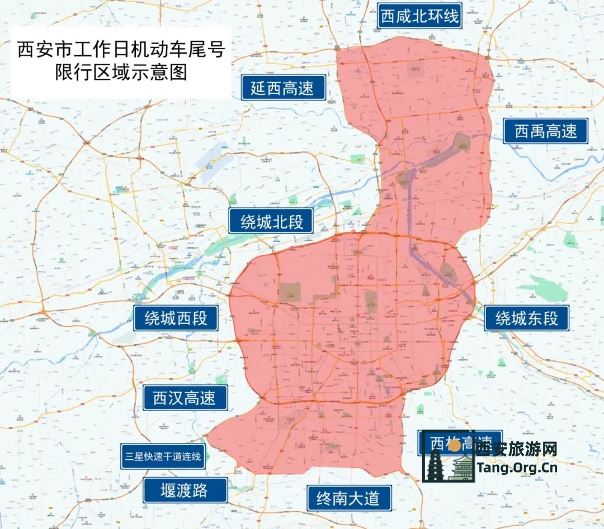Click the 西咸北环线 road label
[x=419, y=16]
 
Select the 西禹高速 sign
[x=545, y=131]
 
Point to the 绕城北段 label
[x=272, y=222]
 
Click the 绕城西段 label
[x=176, y=318]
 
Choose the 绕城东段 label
[x=527, y=318]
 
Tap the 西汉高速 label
[x=184, y=398]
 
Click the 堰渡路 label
[x=185, y=490]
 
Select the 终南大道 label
[x=348, y=497]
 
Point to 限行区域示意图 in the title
[x=120, y=73]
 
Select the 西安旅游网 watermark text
[x=516, y=449]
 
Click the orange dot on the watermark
[x=455, y=445]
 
